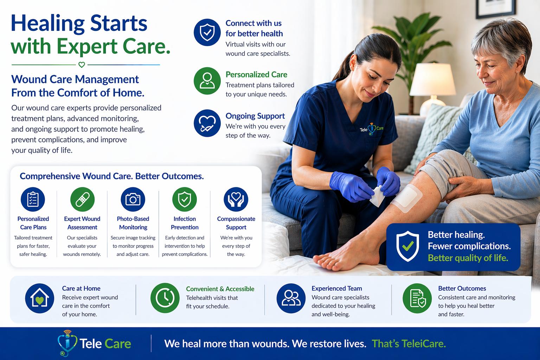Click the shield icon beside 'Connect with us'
click(x=207, y=32)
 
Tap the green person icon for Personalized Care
click(x=207, y=81)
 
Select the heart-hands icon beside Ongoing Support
click(x=207, y=123)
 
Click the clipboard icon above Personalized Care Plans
click(x=33, y=199)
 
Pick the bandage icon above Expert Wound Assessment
click(x=82, y=199)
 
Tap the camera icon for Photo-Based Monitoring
click(x=133, y=199)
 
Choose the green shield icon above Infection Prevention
click(x=184, y=199)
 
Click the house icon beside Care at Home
click(x=39, y=298)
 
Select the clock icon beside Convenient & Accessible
click(x=165, y=298)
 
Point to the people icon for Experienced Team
click(x=291, y=298)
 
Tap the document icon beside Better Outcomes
click(x=417, y=298)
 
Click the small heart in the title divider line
click(x=82, y=65)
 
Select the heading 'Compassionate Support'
click(x=236, y=223)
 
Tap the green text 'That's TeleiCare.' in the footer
click(x=409, y=343)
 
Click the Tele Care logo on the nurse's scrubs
click(x=372, y=129)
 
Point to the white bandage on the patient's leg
click(x=407, y=199)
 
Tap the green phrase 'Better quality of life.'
click(x=468, y=258)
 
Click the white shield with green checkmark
click(x=407, y=246)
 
